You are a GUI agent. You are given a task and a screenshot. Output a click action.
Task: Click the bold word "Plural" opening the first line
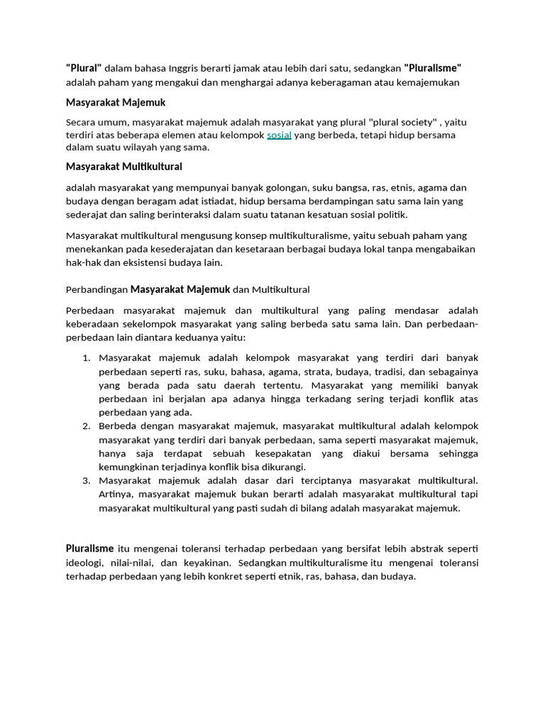84,68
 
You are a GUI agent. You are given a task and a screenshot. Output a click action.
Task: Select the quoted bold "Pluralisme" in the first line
433,68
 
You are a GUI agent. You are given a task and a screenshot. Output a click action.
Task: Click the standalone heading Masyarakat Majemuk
116,103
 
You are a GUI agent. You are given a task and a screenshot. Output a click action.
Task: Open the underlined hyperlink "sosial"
279,135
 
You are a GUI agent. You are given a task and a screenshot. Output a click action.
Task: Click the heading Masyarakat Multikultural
124,167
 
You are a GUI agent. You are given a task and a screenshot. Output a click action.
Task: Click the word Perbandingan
97,289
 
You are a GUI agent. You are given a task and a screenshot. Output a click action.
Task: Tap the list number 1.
85,358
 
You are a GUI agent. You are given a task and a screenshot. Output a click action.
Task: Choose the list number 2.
85,426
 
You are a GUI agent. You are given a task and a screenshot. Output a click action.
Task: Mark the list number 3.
85,481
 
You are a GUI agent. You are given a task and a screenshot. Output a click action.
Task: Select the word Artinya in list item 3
116,494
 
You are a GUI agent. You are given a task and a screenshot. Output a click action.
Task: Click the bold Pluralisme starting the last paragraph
90,549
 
